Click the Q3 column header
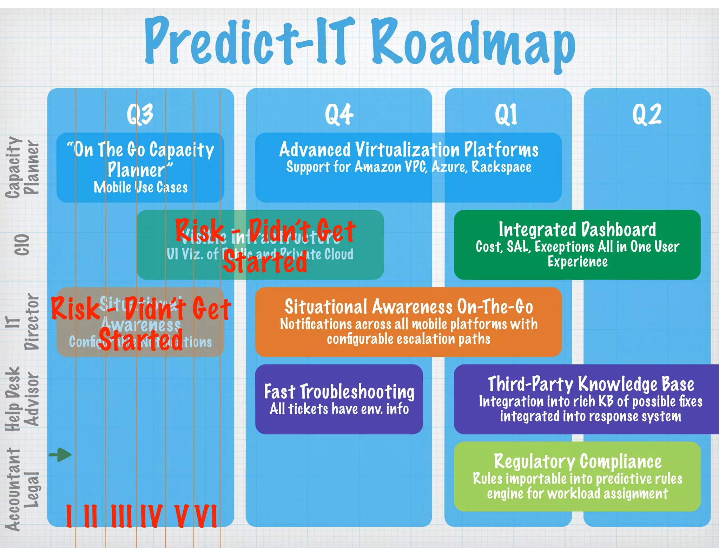click(140, 114)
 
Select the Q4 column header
click(339, 114)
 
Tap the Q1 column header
click(506, 114)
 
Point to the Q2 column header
click(647, 114)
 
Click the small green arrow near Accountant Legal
click(60, 455)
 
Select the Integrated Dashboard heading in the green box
click(577, 229)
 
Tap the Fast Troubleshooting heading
click(339, 392)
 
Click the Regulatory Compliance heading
click(578, 461)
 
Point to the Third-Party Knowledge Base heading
click(591, 384)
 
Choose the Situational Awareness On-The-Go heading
click(409, 306)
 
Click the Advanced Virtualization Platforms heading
click(409, 150)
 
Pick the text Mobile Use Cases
click(140, 187)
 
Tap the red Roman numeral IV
click(151, 516)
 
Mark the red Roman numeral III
click(121, 516)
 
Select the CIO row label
click(22, 245)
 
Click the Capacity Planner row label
click(22, 167)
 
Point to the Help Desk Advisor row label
click(22, 399)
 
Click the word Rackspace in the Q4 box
click(501, 167)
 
